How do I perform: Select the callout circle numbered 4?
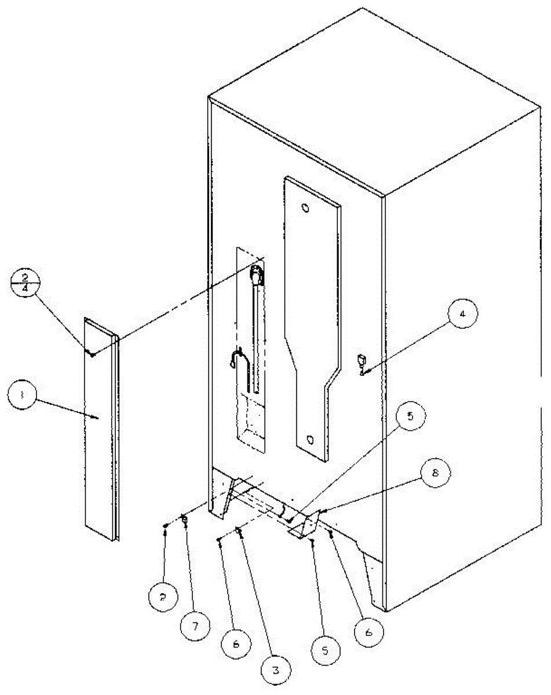tap(462, 316)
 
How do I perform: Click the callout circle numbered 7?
tap(195, 627)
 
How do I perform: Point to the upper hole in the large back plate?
tap(306, 207)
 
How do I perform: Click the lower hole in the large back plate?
tap(311, 438)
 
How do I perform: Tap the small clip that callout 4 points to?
tap(362, 362)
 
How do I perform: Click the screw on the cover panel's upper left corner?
tap(91, 353)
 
